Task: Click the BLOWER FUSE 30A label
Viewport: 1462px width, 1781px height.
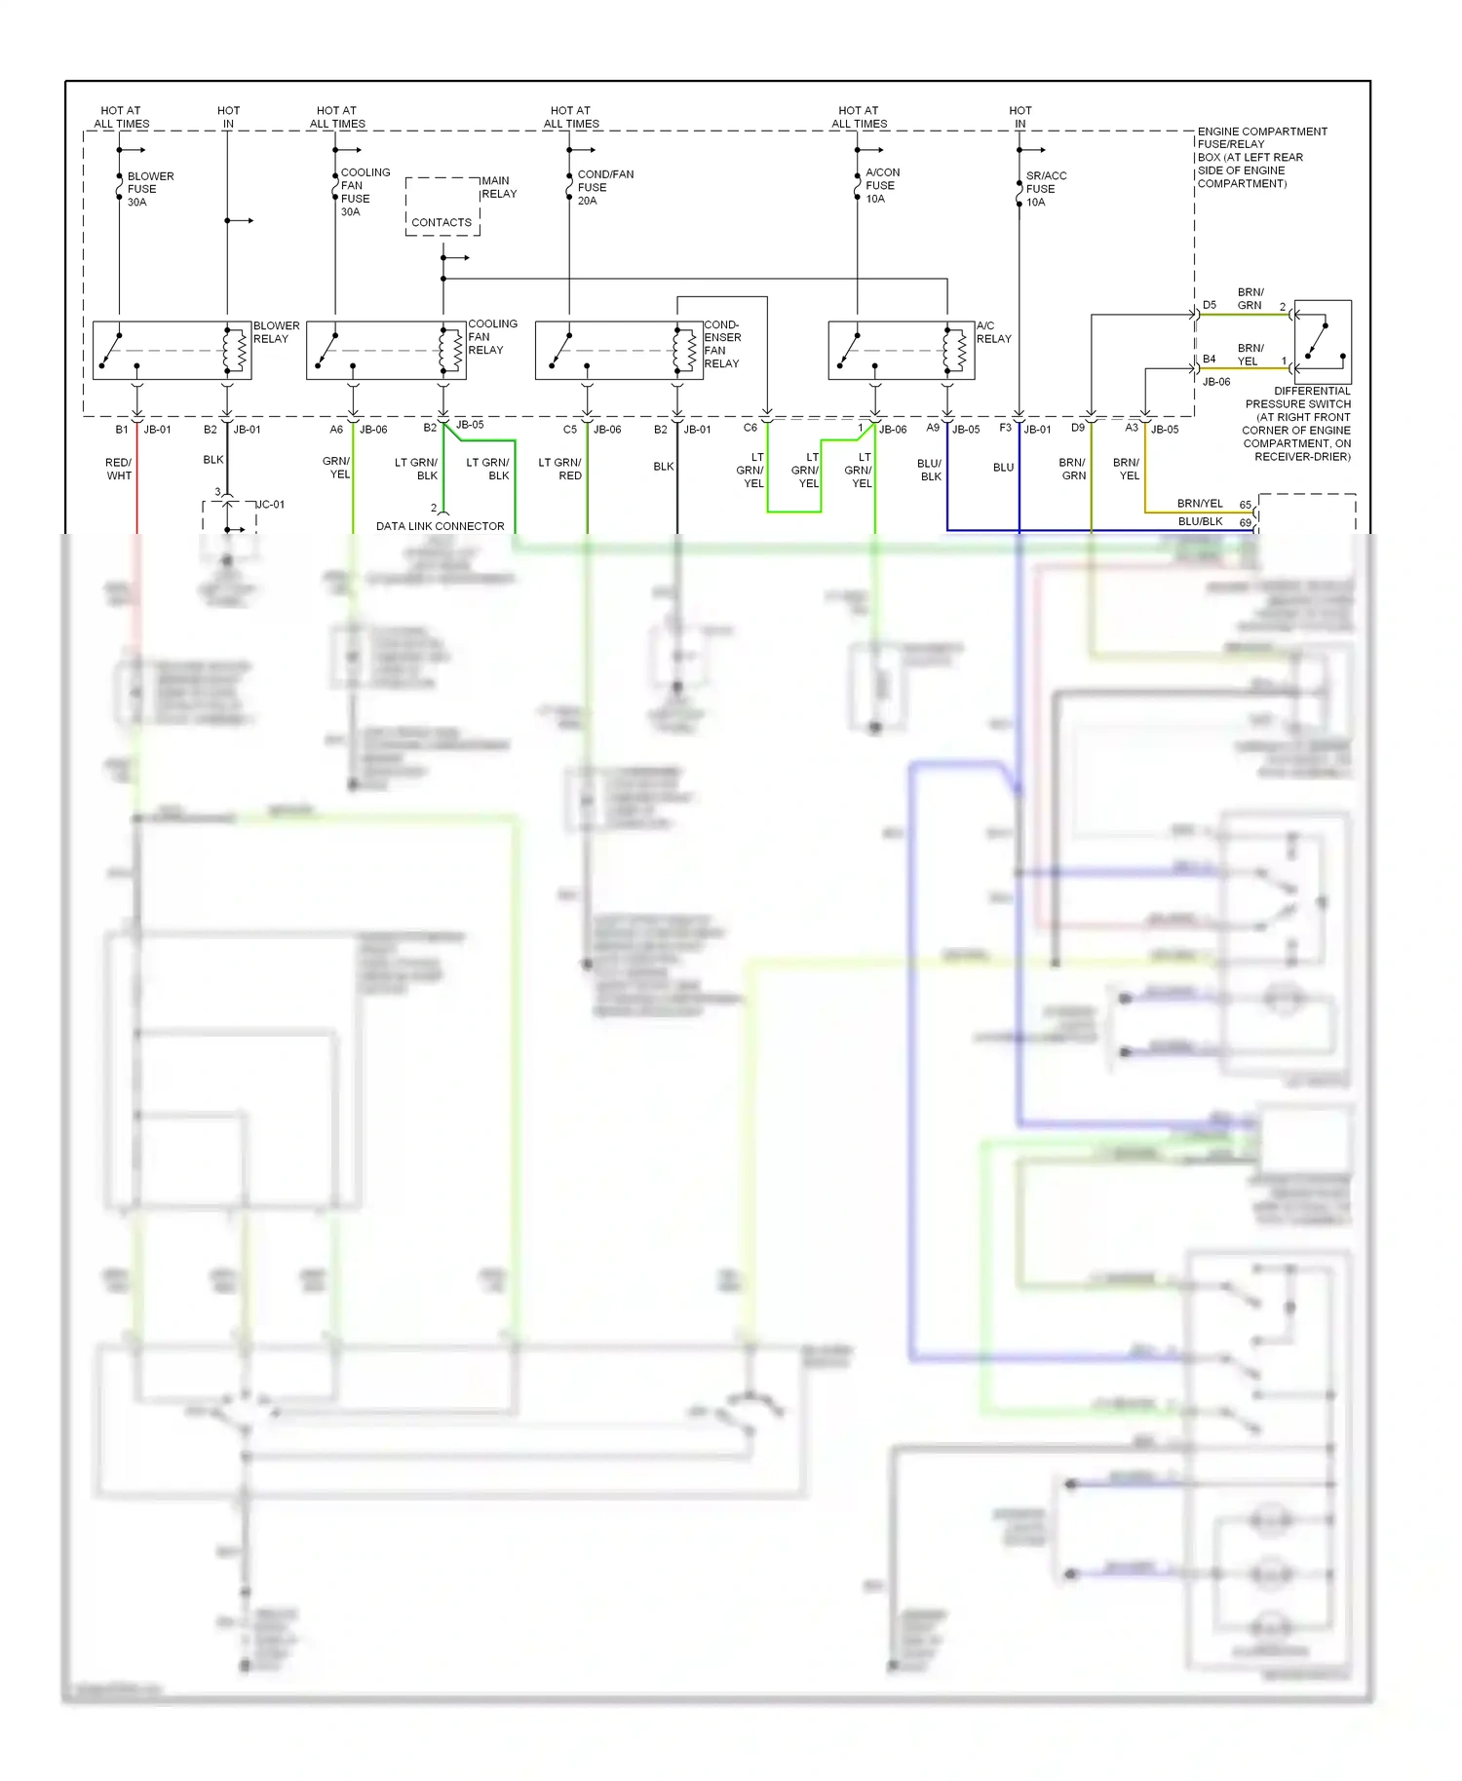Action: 149,189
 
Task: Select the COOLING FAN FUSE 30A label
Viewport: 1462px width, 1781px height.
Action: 364,192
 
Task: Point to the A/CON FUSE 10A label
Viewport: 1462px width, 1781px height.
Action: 881,185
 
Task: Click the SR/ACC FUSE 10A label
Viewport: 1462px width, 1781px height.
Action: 1045,189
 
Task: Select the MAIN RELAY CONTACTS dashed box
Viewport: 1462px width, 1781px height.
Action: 442,207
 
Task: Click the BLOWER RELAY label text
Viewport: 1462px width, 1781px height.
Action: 276,332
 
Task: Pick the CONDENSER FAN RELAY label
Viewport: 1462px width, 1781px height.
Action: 722,344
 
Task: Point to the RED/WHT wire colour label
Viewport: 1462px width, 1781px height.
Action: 119,469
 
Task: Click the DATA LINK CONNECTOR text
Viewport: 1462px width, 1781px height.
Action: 441,526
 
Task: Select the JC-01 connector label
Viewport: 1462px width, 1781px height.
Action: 270,505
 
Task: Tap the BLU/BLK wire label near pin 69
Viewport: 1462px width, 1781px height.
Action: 1200,521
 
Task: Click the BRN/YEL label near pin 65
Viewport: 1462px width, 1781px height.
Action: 1199,504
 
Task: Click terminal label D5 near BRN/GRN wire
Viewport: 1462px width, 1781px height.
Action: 1209,305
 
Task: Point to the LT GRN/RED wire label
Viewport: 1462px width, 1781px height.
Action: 559,469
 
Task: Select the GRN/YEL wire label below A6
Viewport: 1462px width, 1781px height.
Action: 337,468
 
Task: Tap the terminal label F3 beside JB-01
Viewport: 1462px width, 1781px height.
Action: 1005,428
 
